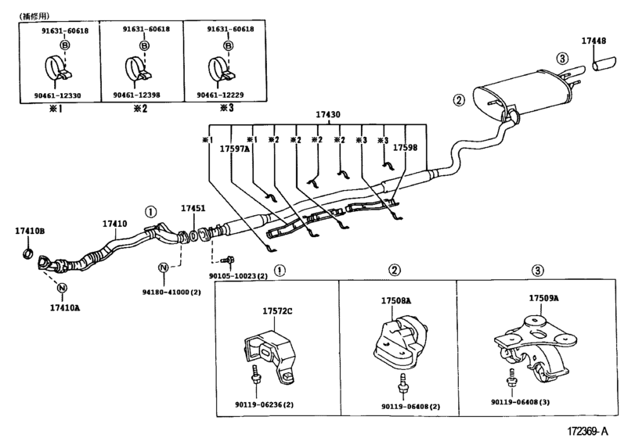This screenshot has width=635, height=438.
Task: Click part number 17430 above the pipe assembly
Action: [328, 114]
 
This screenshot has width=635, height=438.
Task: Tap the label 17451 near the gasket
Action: [193, 208]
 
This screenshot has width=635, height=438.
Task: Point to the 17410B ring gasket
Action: [28, 254]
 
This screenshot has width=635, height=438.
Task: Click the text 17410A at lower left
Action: [65, 307]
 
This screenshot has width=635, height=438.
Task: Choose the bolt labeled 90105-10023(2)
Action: [229, 261]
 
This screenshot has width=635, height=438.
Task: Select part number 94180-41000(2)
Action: [171, 292]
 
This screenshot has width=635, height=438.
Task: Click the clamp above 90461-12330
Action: [57, 68]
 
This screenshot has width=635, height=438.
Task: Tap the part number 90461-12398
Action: [136, 95]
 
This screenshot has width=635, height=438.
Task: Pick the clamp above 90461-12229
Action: [222, 68]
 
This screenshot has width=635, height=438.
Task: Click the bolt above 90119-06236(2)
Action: [256, 375]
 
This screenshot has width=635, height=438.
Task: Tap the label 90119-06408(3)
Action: [521, 402]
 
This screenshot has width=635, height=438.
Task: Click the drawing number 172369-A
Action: [587, 431]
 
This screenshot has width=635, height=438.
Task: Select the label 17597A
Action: [234, 149]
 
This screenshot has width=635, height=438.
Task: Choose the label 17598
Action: [405, 148]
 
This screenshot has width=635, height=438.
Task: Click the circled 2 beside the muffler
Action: [458, 99]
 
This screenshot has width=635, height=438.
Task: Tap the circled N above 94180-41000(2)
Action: [163, 267]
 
